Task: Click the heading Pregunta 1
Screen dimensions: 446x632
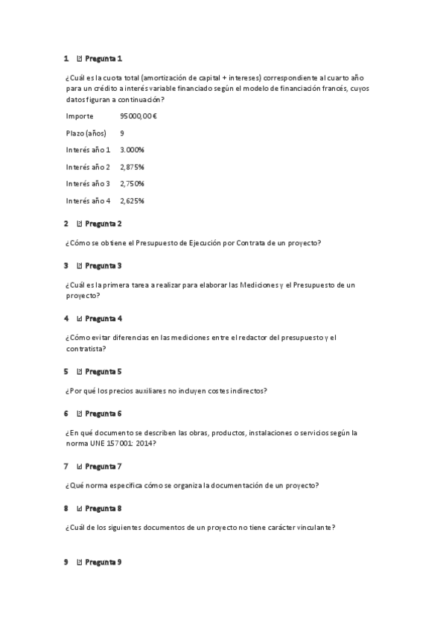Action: [x=103, y=58]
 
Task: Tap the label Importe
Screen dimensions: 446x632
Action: [x=80, y=116]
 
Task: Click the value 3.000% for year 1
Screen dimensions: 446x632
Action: [x=132, y=150]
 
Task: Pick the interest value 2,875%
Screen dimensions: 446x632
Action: [x=132, y=167]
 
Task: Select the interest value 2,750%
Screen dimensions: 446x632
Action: [x=132, y=183]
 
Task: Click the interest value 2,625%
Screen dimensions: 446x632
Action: [x=132, y=200]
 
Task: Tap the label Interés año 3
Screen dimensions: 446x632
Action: [x=88, y=183]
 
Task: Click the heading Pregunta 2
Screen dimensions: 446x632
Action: [x=103, y=224]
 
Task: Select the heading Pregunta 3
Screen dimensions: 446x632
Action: [x=103, y=265]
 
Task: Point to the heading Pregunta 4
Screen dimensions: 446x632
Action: [x=103, y=318]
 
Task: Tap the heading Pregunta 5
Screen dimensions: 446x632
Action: [x=103, y=371]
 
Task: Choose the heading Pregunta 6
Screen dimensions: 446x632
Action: [x=103, y=414]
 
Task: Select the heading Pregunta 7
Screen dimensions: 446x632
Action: [x=103, y=467]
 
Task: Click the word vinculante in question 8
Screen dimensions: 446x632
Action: [x=313, y=528]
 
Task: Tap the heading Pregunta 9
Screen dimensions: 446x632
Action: [x=103, y=562]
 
